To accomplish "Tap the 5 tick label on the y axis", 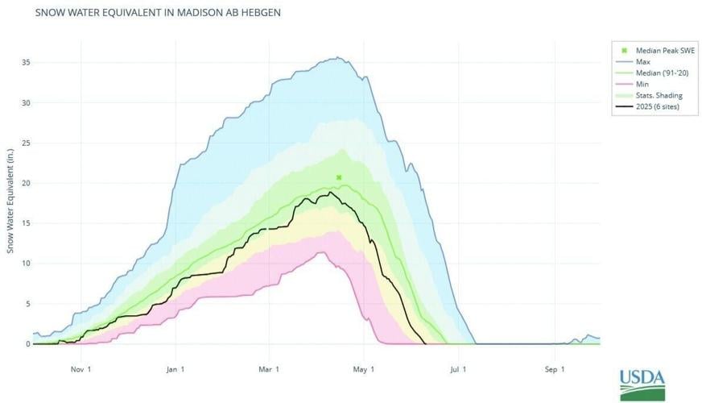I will click(27, 304).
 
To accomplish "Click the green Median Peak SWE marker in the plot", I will click(339, 177).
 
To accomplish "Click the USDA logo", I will click(642, 384).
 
